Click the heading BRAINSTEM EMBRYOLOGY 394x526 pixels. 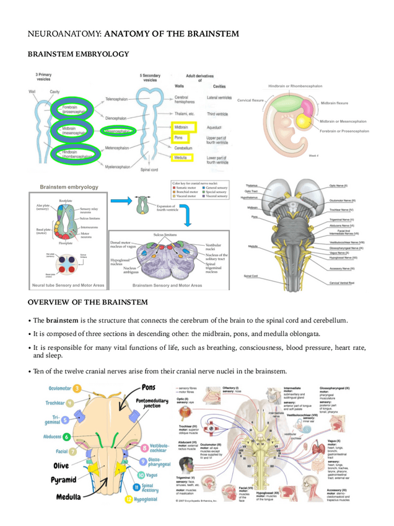click(x=78, y=54)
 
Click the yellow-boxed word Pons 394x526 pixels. click(x=178, y=137)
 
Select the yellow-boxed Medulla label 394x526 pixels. click(x=180, y=158)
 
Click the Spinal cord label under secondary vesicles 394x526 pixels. click(x=149, y=169)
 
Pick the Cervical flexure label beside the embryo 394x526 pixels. click(x=250, y=99)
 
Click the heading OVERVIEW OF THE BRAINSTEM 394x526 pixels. click(x=88, y=302)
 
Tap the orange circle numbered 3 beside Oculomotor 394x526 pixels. click(x=77, y=388)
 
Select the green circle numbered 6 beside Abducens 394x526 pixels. click(x=66, y=436)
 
